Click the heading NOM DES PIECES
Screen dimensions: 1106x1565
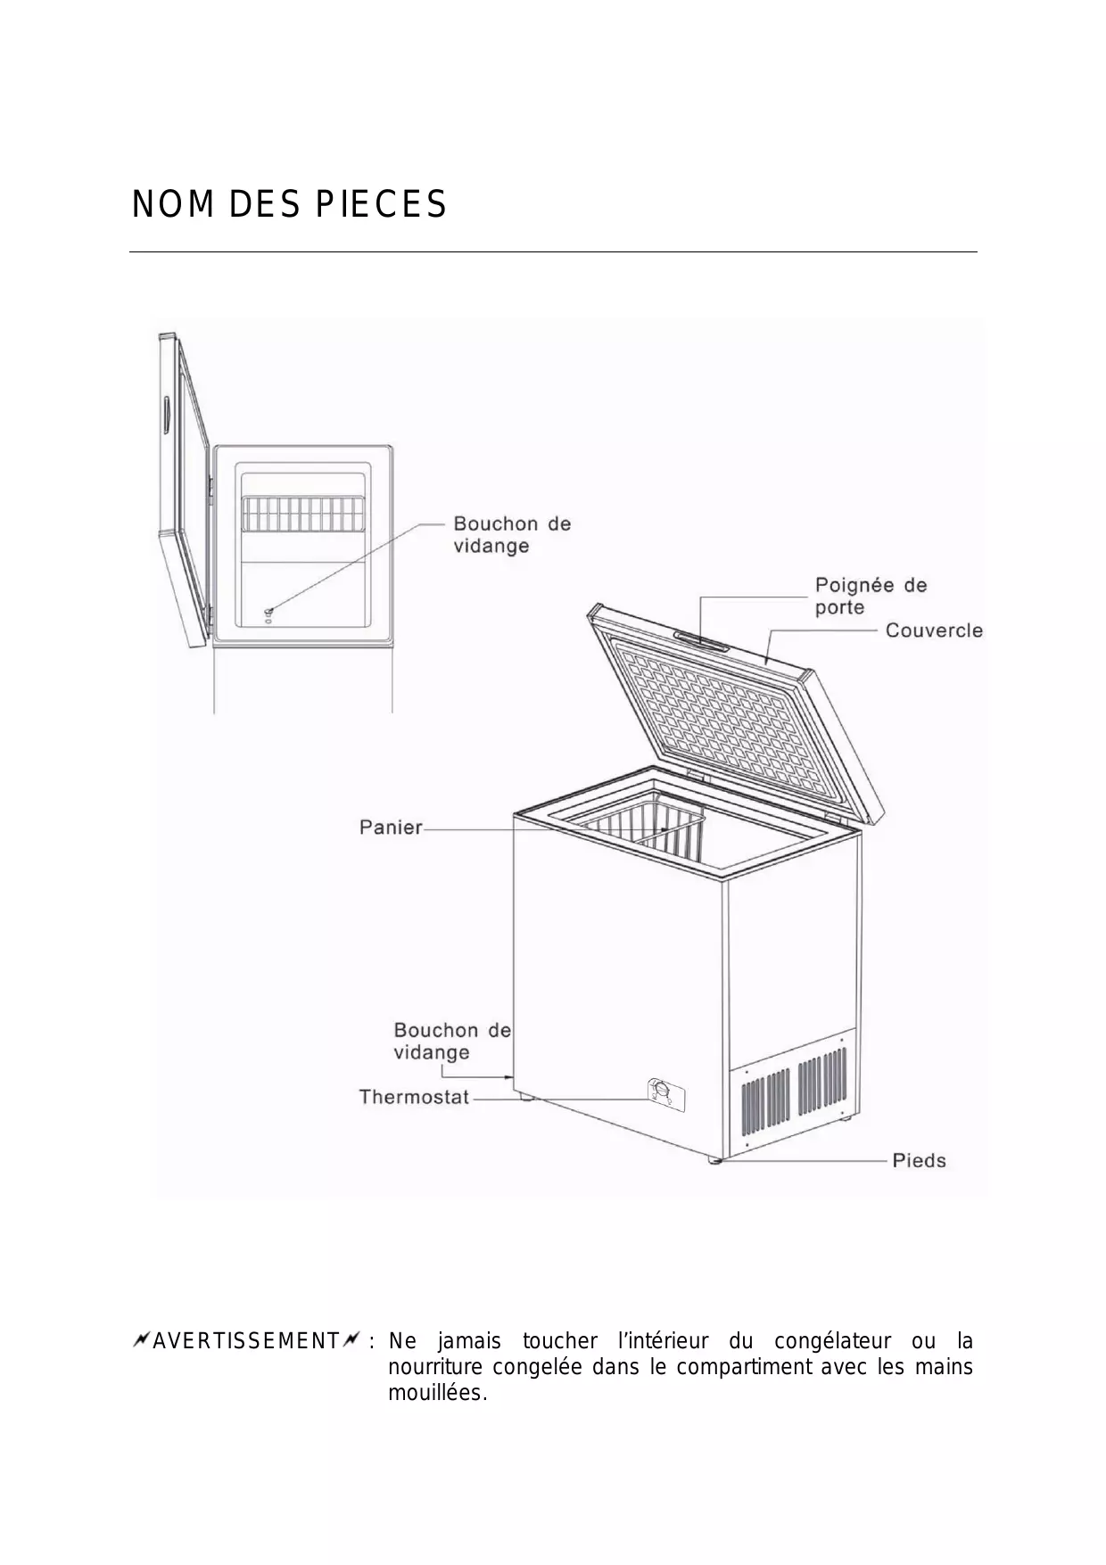pos(289,205)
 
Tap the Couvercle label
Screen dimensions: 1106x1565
pos(933,630)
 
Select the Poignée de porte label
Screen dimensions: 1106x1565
pos(871,596)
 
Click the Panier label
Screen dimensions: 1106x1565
pos(391,828)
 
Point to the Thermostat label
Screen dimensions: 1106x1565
pos(414,1097)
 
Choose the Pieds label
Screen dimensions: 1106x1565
pos(919,1160)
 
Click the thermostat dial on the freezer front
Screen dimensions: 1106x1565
pos(661,1091)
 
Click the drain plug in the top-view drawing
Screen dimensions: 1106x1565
pos(268,611)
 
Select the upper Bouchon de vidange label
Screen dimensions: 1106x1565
pos(511,534)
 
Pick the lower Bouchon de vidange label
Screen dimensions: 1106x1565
pos(451,1041)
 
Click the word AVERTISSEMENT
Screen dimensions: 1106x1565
pos(245,1341)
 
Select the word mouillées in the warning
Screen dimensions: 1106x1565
pos(436,1393)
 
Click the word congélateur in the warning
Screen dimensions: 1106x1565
pos(832,1341)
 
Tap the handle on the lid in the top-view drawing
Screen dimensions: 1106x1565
pos(167,417)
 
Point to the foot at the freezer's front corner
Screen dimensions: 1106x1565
pos(714,1161)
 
